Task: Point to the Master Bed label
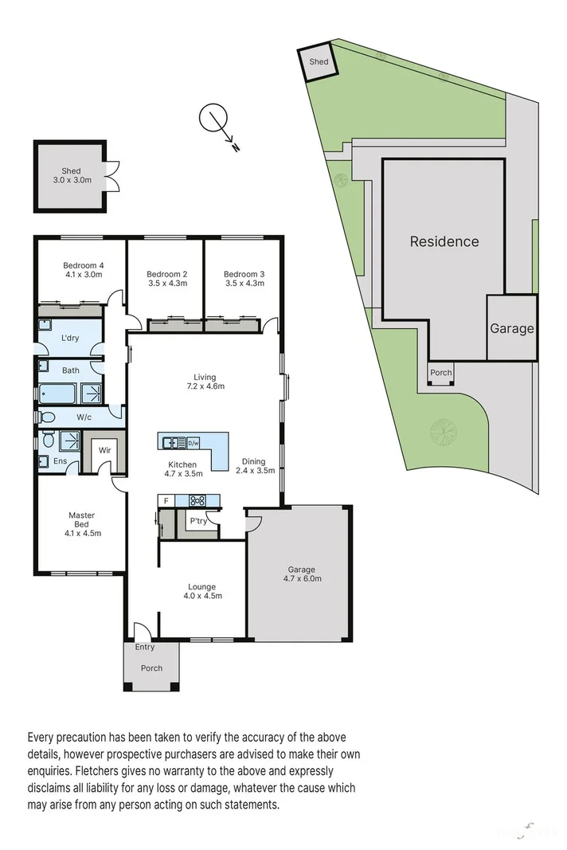point(81,524)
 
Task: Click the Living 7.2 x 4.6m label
point(205,382)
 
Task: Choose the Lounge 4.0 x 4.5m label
point(202,591)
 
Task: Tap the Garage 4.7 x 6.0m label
point(302,574)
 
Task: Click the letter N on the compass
point(236,147)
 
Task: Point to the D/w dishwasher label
point(194,443)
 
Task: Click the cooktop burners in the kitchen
point(197,501)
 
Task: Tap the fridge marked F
point(166,501)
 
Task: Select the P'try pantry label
point(197,522)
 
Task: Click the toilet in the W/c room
point(45,417)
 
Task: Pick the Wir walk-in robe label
point(104,450)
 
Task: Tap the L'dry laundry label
point(70,339)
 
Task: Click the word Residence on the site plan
point(444,241)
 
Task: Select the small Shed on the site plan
point(319,61)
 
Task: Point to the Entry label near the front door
point(145,647)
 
